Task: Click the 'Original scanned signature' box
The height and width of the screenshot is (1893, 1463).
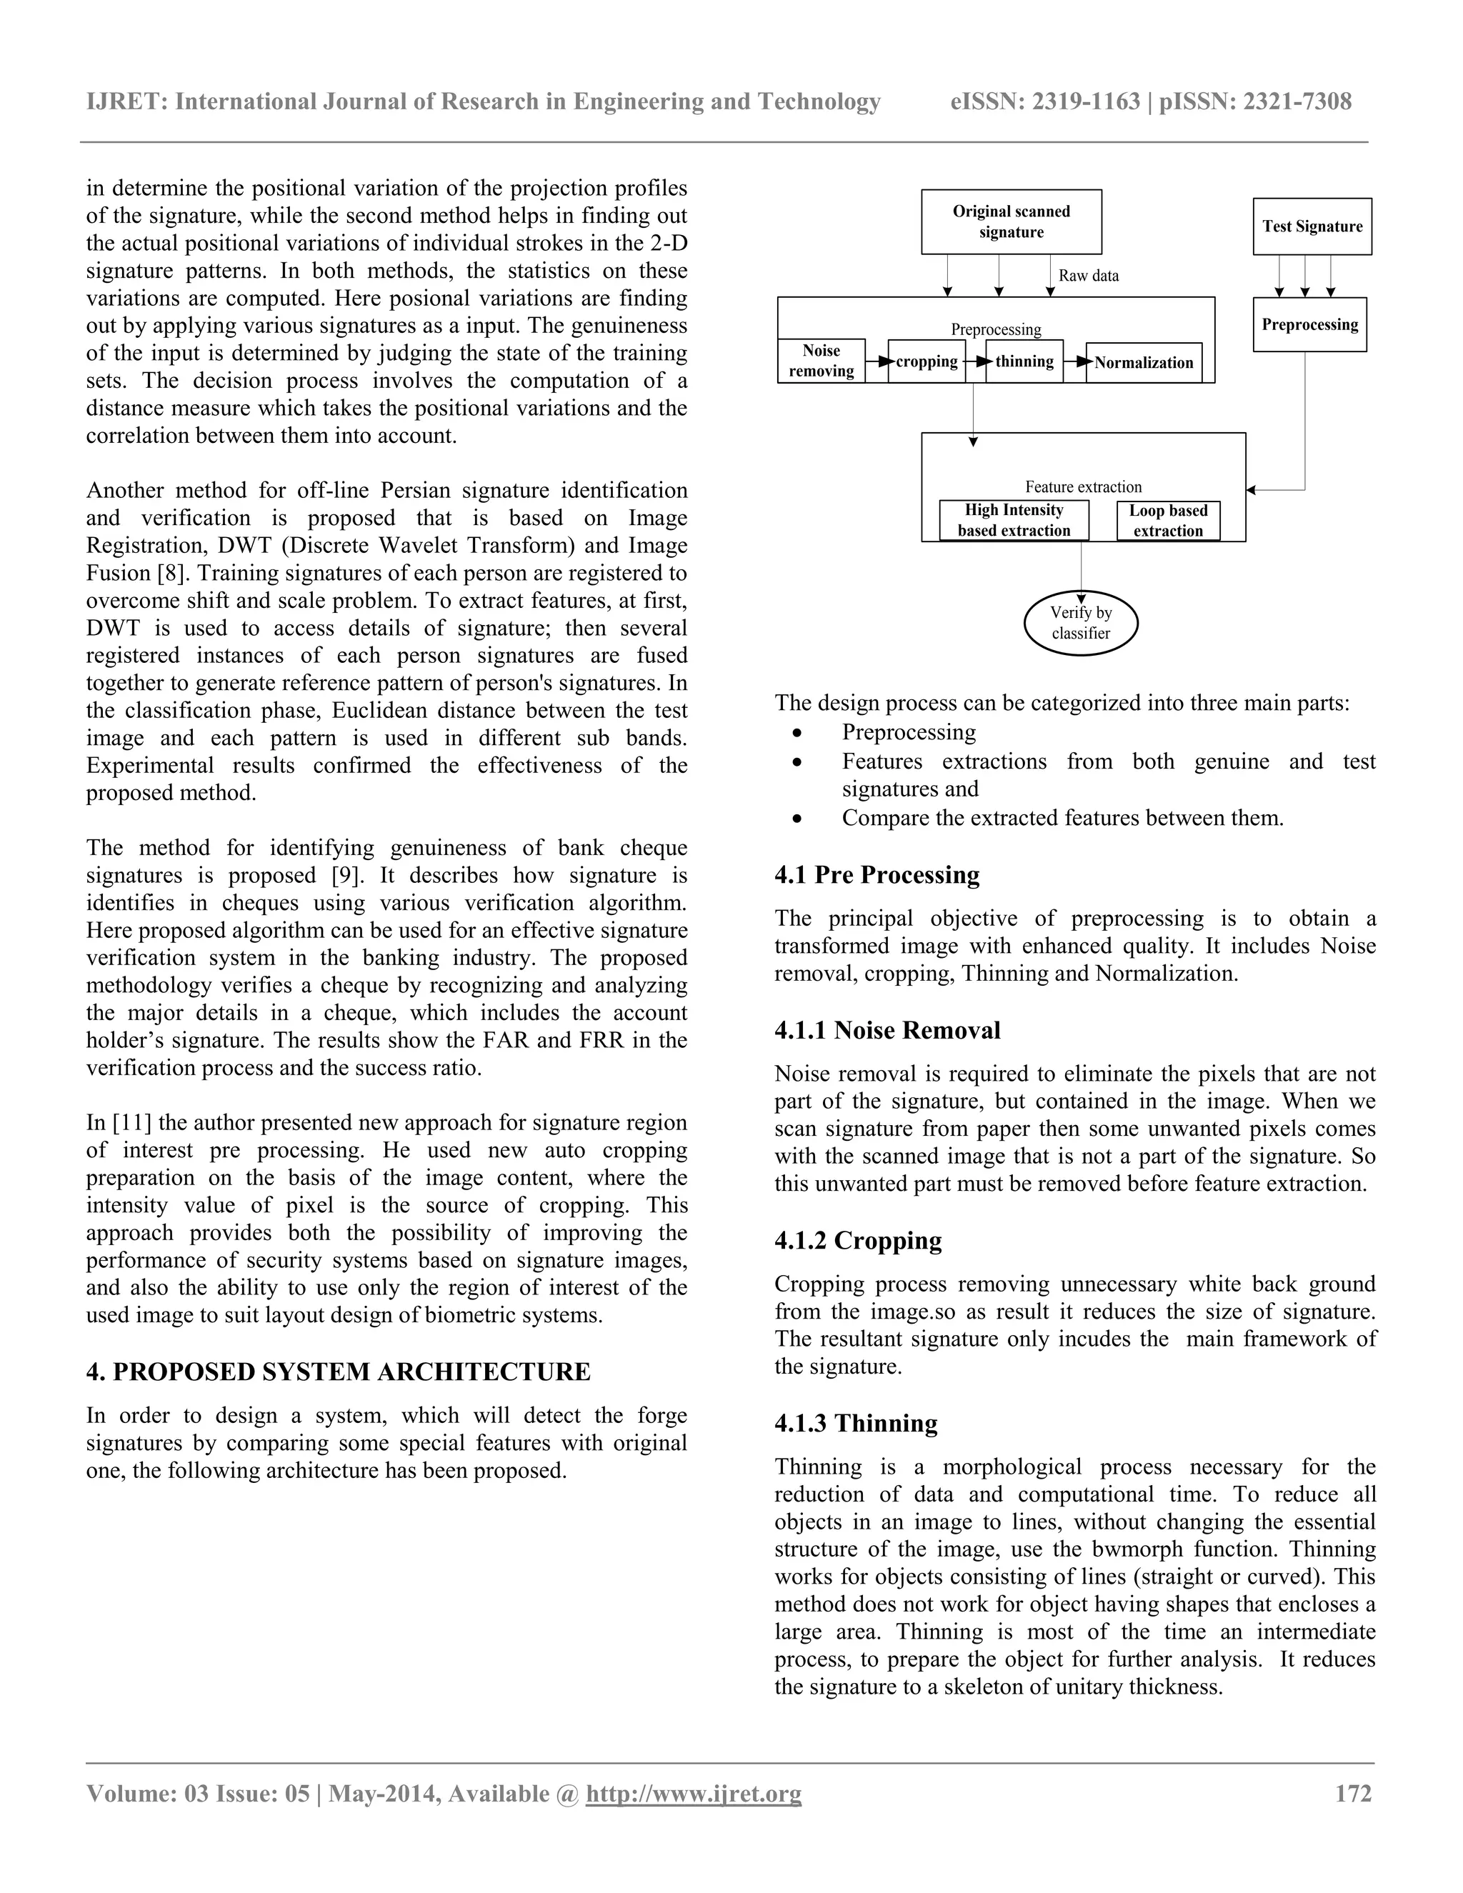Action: point(1011,222)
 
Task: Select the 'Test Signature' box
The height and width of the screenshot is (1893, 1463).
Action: point(1312,226)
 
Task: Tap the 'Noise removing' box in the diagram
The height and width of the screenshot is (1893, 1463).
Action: point(821,361)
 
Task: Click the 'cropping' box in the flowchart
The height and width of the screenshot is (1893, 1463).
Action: point(926,361)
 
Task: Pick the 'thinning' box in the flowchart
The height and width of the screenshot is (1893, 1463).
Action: point(1024,361)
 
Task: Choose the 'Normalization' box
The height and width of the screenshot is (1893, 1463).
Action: point(1143,362)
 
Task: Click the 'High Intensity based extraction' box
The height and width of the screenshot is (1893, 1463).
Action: point(1013,521)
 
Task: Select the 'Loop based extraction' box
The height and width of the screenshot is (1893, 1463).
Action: point(1167,521)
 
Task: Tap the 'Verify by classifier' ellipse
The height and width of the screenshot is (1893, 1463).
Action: point(1080,622)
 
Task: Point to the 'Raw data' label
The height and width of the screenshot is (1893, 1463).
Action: point(1088,276)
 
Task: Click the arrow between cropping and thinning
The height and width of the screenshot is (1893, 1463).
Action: point(975,361)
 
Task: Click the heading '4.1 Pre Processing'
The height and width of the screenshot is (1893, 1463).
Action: point(877,874)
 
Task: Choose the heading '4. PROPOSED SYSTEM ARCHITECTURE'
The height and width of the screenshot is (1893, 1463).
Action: point(338,1372)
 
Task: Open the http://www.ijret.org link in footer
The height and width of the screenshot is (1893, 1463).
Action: point(694,1793)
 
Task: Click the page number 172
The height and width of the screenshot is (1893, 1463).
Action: point(1353,1793)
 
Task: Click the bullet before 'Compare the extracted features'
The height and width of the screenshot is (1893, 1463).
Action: point(797,818)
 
